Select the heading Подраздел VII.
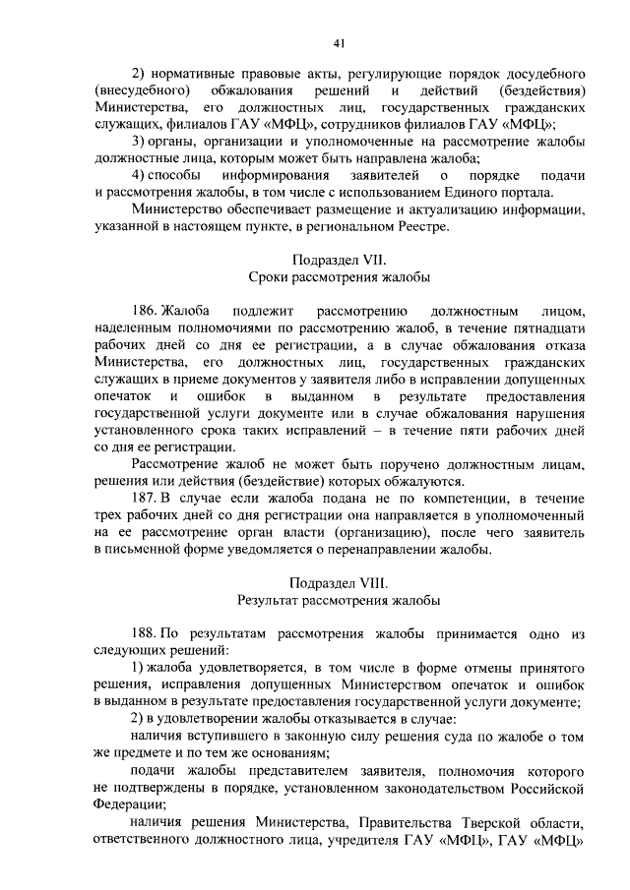[x=338, y=261]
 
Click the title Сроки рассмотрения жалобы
[x=338, y=278]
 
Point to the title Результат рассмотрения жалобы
[x=338, y=599]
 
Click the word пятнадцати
[x=547, y=327]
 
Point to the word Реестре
[x=420, y=227]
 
